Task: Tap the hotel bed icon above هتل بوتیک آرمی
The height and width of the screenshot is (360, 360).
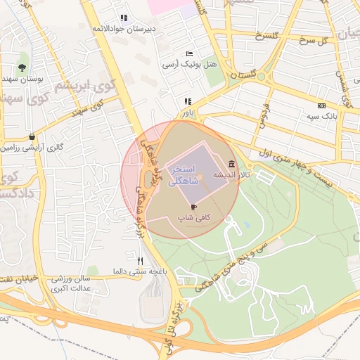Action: coord(189,53)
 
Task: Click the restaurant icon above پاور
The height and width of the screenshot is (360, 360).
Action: coord(188,101)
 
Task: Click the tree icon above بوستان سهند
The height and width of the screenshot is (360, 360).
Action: coord(23,68)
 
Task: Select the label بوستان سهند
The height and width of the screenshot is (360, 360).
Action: coord(24,79)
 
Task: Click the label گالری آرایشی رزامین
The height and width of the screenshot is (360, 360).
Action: coord(32,148)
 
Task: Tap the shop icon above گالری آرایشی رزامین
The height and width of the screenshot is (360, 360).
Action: coord(32,137)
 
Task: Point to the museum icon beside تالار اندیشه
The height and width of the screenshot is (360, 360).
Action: coord(232,163)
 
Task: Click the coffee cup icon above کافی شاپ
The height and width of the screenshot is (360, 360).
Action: coord(194,207)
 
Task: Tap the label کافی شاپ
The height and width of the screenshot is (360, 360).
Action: coord(194,218)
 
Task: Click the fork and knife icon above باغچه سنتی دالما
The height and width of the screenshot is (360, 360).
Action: coord(129,260)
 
